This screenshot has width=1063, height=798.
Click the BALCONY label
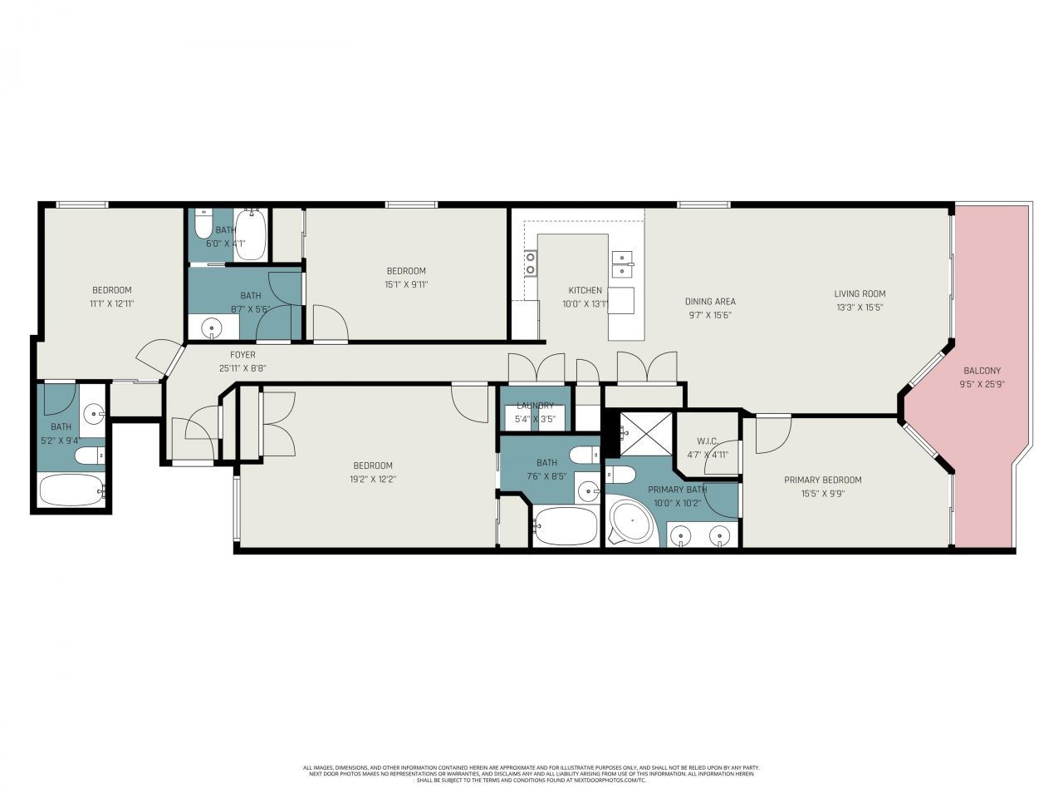(x=982, y=371)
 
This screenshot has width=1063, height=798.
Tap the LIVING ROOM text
(x=860, y=293)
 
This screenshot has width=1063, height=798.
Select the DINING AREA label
(x=710, y=302)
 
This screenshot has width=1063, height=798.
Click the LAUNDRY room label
(x=535, y=406)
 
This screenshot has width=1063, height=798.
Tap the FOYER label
(x=242, y=355)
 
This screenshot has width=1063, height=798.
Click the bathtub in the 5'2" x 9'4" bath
(x=71, y=491)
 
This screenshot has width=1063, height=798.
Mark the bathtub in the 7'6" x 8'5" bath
(x=565, y=526)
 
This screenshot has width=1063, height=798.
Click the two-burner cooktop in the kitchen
(x=530, y=264)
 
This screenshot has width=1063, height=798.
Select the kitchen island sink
(x=622, y=264)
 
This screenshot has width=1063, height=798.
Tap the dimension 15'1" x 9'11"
(x=406, y=284)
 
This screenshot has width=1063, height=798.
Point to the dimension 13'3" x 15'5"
(x=860, y=307)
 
